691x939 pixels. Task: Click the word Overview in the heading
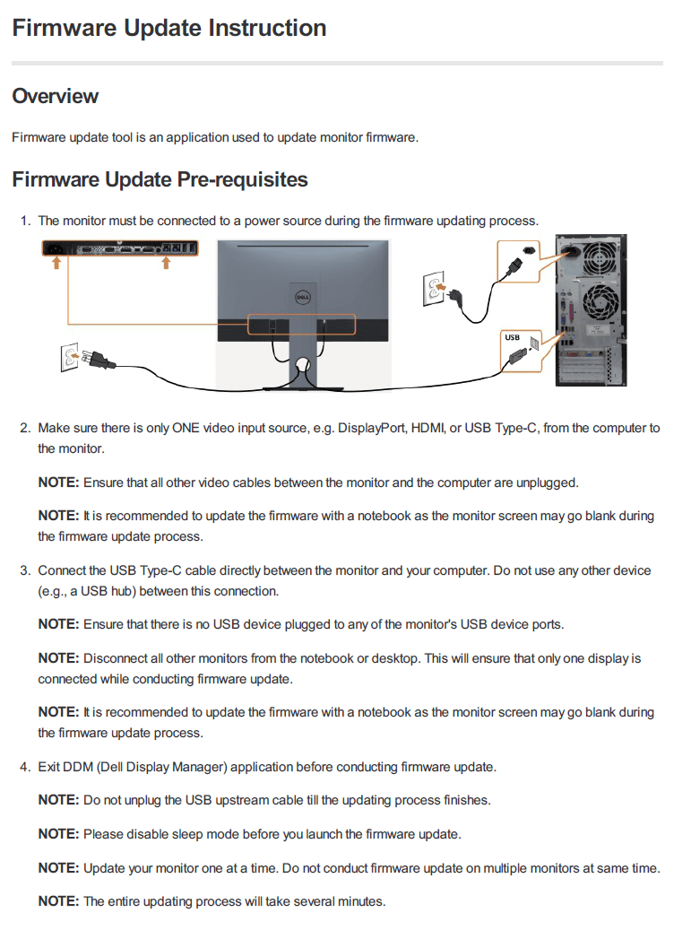click(56, 96)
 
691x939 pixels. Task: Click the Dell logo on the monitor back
click(302, 294)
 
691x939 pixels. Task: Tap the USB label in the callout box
click(512, 337)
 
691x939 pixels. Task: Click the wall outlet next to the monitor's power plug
click(69, 358)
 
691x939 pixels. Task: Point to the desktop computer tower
click(591, 310)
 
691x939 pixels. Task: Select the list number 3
click(25, 570)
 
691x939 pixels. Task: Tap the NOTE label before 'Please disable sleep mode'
click(58, 834)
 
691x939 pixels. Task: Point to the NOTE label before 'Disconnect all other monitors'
click(58, 658)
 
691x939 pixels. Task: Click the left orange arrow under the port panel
click(56, 263)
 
